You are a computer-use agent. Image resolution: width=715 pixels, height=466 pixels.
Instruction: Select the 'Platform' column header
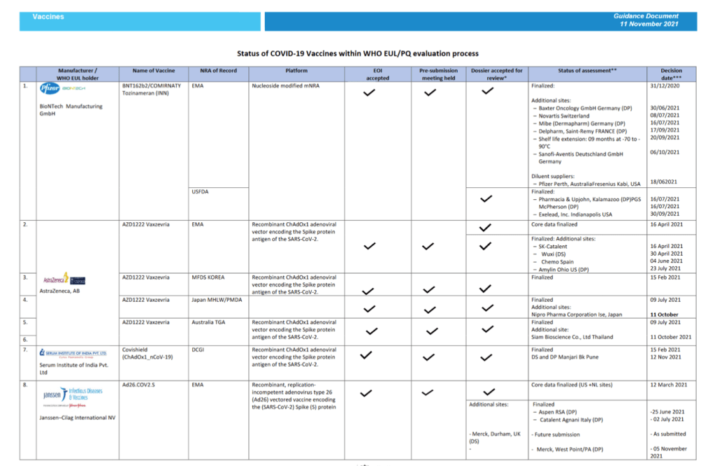tap(296, 71)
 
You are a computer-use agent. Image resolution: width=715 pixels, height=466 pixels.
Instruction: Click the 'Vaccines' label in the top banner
tap(48, 16)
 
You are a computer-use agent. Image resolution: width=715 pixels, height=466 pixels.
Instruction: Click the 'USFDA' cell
tap(201, 191)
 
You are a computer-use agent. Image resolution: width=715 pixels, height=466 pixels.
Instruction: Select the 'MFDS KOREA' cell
tap(210, 277)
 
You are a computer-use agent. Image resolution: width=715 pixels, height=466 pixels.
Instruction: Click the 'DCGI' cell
tap(200, 349)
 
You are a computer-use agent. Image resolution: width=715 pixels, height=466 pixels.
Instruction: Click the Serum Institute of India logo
tap(73, 354)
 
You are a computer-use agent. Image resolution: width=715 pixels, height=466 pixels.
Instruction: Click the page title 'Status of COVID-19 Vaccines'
tap(357, 53)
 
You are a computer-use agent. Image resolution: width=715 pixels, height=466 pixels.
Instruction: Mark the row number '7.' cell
tap(25, 349)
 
